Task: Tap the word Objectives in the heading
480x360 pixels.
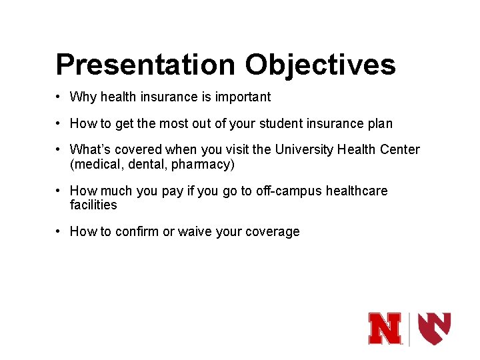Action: (320, 65)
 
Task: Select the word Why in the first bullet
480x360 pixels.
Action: (83, 97)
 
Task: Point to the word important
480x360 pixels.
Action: (244, 97)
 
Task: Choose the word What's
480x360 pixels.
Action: (91, 150)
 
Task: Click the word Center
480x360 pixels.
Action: (399, 150)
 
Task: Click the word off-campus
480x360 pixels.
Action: (289, 191)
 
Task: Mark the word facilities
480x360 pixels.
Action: (93, 205)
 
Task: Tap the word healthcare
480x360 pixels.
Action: (356, 191)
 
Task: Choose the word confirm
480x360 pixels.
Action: (137, 232)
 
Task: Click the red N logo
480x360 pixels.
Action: (386, 329)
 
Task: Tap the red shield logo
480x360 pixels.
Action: (434, 328)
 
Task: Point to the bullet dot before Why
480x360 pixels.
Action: (59, 97)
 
